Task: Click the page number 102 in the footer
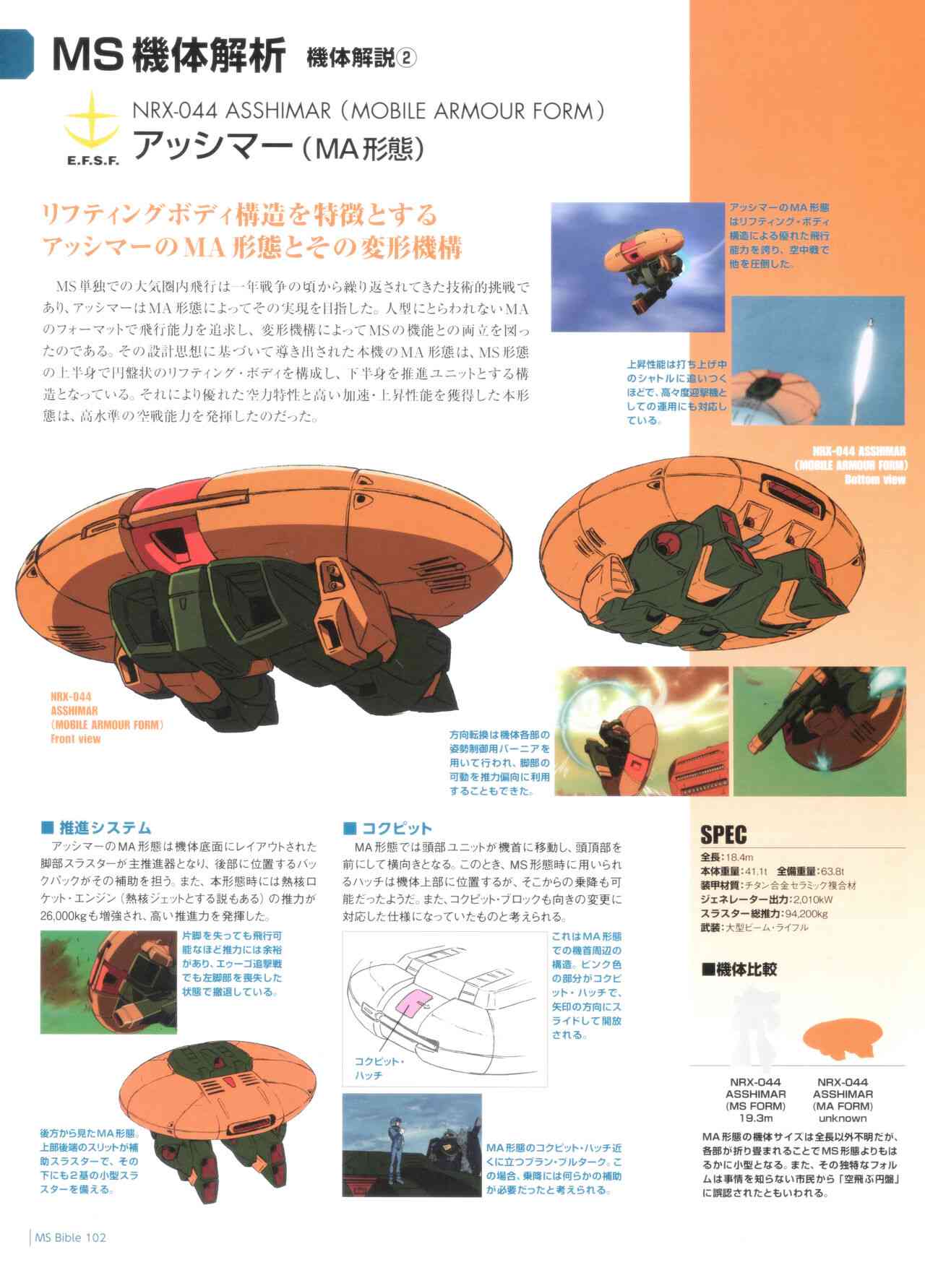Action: coord(96,1238)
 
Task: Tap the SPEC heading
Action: coord(723,835)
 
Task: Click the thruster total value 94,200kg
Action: coord(807,914)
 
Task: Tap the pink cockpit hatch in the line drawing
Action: coord(412,1006)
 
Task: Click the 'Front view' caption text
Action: coord(76,739)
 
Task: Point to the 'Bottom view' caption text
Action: coord(874,478)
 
